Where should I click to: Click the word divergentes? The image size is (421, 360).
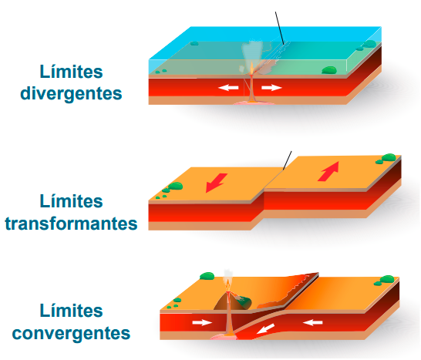tap(71, 94)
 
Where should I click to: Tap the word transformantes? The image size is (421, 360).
tap(71, 224)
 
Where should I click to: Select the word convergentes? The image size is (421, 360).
tap(71, 334)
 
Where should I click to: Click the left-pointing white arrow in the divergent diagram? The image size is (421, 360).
tap(228, 88)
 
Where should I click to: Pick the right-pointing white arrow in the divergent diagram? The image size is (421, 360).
tap(271, 88)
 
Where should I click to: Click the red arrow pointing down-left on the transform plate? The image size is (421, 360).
tap(216, 183)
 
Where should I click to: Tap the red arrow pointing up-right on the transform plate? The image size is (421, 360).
tap(328, 171)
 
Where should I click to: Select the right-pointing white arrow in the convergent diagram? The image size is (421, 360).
tap(202, 322)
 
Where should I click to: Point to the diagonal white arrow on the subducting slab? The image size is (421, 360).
tap(265, 329)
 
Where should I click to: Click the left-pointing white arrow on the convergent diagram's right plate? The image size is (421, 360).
tap(313, 322)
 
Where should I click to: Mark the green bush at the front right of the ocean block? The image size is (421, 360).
tap(329, 70)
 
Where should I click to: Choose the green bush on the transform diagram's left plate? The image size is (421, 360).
tap(175, 186)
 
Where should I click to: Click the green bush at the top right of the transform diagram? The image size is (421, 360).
tap(389, 157)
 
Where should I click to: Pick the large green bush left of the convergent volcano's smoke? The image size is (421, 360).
tap(207, 276)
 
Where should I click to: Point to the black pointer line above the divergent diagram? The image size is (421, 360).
tap(279, 28)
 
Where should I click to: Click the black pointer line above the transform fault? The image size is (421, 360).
tap(288, 160)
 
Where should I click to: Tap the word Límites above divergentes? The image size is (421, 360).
tap(71, 72)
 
